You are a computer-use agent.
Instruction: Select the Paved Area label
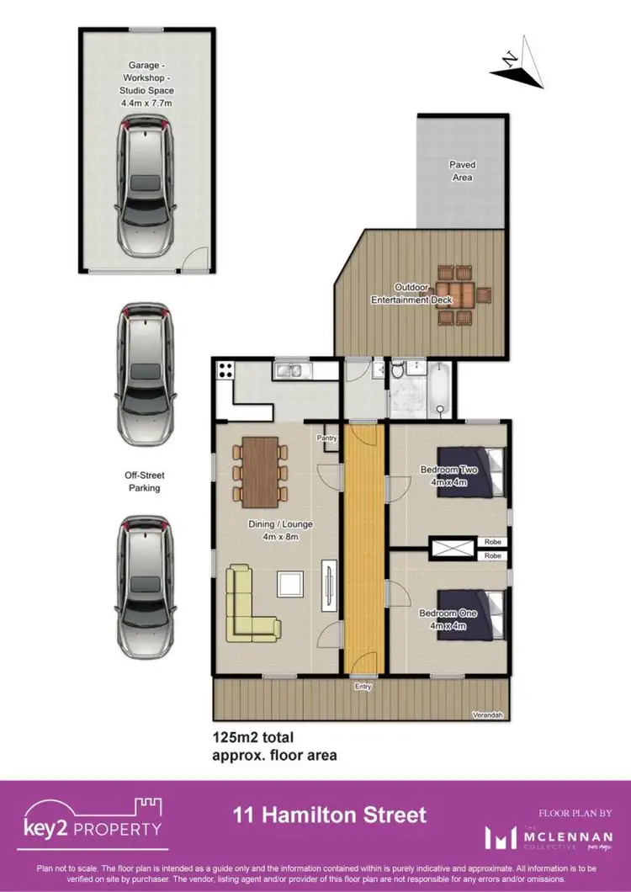(x=461, y=172)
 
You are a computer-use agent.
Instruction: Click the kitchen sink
(x=291, y=369)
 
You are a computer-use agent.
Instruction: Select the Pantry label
(x=327, y=438)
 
